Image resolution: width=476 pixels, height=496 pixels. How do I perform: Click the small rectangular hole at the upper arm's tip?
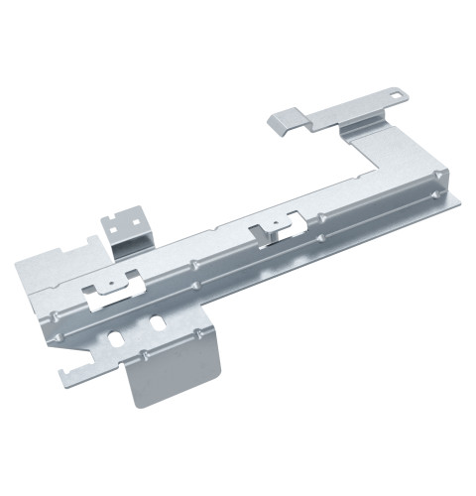[399, 97]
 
